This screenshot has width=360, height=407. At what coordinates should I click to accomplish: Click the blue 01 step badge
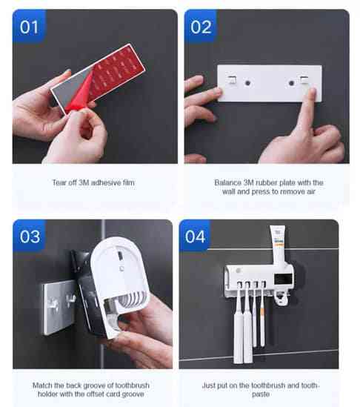pos(29,26)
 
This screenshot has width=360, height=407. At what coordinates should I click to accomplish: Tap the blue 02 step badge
pos(201,26)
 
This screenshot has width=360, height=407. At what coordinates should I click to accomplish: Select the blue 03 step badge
pos(30,236)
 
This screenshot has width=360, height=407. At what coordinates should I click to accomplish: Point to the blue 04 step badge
pos(195,236)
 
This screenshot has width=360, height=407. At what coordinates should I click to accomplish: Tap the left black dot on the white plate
pos(247,83)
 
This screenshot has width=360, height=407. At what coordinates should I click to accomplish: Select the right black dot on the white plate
pos(291,83)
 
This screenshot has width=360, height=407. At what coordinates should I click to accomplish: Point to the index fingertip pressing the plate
pos(311,92)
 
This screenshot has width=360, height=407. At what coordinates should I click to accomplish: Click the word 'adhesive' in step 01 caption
pos(106,182)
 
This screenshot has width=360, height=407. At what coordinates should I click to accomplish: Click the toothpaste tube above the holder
pos(279,245)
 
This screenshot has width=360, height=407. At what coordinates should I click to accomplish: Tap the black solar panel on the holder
pos(282,279)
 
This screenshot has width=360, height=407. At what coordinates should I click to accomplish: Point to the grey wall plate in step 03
pos(59,307)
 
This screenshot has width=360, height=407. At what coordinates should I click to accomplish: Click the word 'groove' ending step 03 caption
pos(133,394)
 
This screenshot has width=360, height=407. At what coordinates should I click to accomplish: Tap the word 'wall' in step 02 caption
pos(229,191)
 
